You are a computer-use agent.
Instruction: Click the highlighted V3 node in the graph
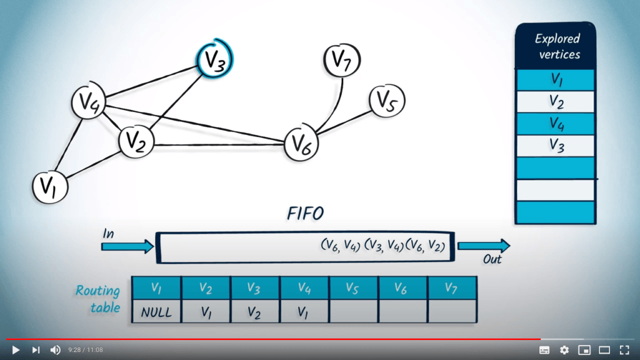click(215, 59)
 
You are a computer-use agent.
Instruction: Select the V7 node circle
click(342, 60)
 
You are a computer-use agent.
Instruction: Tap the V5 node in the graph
click(387, 101)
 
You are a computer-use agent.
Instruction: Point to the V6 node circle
click(301, 144)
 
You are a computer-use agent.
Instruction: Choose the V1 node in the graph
click(50, 187)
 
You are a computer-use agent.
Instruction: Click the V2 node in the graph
click(136, 141)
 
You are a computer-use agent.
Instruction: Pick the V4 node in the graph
click(89, 101)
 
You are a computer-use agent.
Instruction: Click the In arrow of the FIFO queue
click(127, 246)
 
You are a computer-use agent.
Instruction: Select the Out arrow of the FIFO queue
click(484, 246)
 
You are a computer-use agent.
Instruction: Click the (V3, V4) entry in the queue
click(384, 245)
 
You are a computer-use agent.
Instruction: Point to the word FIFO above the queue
click(305, 214)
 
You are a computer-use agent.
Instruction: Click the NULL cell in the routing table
click(156, 312)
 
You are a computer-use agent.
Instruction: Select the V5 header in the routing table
click(353, 288)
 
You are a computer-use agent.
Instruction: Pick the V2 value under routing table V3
click(255, 312)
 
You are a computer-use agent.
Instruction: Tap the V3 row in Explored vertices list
click(556, 146)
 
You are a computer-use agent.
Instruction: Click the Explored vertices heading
click(557, 46)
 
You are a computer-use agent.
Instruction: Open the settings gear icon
click(564, 350)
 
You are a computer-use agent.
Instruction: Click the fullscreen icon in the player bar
click(624, 350)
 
